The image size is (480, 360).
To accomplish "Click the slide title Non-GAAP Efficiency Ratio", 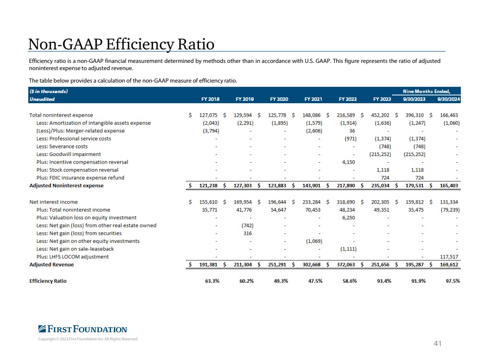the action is click(121, 44).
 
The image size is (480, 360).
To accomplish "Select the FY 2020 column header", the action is click(279, 99).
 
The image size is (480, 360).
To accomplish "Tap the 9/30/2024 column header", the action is click(448, 99).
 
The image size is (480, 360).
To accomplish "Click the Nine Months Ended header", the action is click(427, 91).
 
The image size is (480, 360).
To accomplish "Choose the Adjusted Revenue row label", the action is click(51, 264).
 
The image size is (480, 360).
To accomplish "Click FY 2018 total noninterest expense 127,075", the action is click(208, 115).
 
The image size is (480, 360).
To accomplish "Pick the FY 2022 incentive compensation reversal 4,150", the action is click(348, 162).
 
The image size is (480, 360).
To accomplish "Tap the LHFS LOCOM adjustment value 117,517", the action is click(449, 257).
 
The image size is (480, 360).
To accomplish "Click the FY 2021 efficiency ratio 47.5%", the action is click(315, 281).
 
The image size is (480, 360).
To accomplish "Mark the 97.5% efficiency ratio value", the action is click(453, 281).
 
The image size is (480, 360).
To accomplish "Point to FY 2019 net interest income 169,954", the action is click(243, 202).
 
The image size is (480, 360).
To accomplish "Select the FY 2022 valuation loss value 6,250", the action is click(348, 218).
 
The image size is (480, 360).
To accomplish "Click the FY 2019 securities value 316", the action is click(247, 233).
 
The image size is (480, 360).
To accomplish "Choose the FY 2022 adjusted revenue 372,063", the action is click(346, 264).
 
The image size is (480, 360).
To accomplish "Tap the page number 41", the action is click(437, 344).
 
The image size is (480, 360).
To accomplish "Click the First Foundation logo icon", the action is click(42, 329).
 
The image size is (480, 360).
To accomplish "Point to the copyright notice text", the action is click(88, 339).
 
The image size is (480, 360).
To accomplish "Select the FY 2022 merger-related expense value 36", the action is click(352, 131).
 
